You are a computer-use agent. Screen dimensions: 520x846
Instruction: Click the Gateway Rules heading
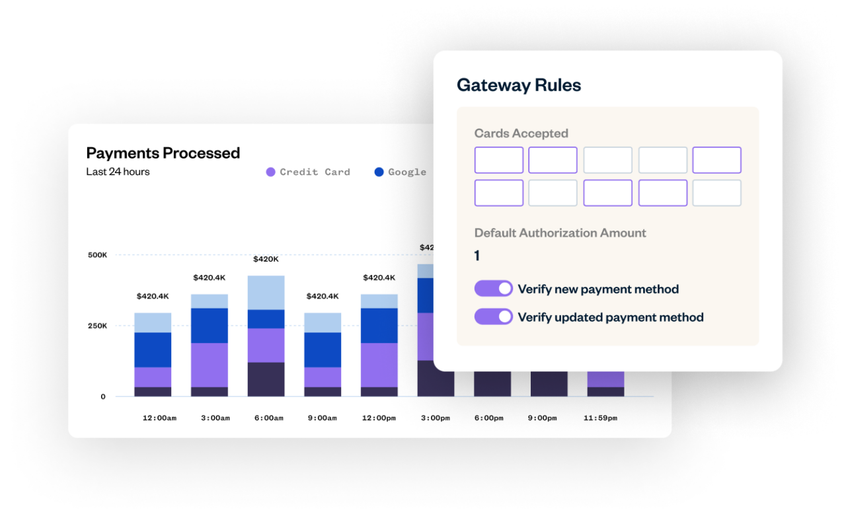[x=519, y=85]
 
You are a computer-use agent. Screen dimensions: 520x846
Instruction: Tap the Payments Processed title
[x=163, y=153]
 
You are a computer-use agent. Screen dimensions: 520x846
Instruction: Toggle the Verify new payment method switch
[x=493, y=289]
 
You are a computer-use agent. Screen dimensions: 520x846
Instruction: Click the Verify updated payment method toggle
[x=493, y=317]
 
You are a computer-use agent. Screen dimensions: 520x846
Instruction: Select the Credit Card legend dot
[x=270, y=172]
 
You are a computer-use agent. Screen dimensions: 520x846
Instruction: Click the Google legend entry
[x=400, y=172]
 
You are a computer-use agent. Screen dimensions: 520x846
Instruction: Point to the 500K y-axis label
[x=97, y=254]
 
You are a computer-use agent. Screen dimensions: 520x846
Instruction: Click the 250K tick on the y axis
[x=97, y=326]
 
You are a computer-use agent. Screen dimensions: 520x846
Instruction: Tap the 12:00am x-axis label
[x=159, y=418]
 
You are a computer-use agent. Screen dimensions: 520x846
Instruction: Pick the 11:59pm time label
[x=600, y=418]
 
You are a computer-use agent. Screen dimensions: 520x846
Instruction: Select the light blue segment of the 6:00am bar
[x=266, y=292]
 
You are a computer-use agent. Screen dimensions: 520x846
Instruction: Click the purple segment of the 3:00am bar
[x=210, y=365]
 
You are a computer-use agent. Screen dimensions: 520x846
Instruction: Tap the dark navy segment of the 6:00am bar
[x=266, y=379]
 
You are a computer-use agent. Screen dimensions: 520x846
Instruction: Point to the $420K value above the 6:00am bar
[x=266, y=259]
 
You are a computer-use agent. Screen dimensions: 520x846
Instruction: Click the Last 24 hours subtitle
[x=118, y=172]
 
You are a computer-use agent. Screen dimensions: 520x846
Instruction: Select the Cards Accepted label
[x=521, y=133]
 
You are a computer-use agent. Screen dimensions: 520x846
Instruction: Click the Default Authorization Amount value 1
[x=477, y=256]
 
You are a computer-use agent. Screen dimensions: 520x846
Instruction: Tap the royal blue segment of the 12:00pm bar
[x=379, y=325]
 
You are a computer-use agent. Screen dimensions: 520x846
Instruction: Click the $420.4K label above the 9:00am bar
[x=323, y=296]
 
